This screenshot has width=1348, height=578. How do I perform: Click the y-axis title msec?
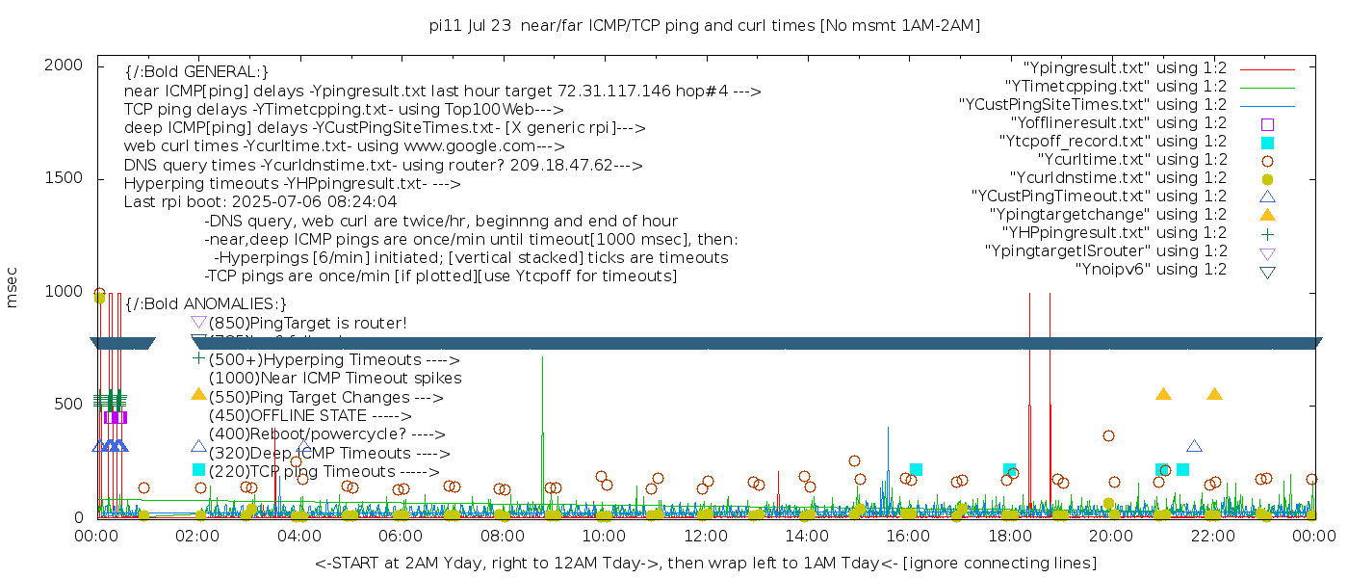pos(13,290)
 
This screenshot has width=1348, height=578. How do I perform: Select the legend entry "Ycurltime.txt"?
pos(1131,160)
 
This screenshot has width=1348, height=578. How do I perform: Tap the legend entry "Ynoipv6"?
pos(1151,270)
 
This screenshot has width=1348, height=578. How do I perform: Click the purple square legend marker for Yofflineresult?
pos(1267,124)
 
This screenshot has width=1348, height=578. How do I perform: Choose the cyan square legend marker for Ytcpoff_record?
pos(1267,143)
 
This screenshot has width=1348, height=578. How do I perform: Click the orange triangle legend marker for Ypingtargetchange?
pos(1267,215)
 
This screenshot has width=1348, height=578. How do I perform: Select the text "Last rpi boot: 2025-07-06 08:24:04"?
pos(260,202)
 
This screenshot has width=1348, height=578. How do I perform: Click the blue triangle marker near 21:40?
pos(1194,446)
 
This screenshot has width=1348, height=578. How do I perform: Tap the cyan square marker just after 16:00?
pos(916,470)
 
